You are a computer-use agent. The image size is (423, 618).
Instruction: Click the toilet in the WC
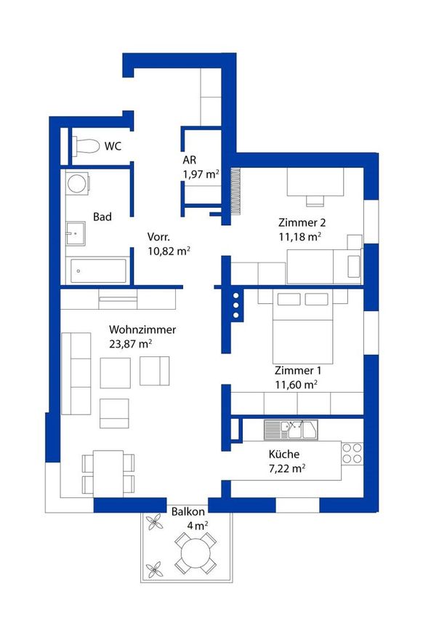click(86, 147)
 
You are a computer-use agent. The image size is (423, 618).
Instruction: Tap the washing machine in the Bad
click(77, 183)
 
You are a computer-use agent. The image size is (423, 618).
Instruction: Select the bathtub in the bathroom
click(98, 270)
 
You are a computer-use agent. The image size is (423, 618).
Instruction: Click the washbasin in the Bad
click(76, 233)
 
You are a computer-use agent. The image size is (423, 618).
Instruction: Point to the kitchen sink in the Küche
click(291, 430)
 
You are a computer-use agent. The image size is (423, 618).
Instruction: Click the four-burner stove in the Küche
click(352, 453)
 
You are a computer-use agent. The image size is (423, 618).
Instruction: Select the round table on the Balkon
click(196, 553)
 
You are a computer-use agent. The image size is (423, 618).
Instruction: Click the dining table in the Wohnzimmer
click(108, 473)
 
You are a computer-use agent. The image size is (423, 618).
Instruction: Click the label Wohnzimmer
click(142, 329)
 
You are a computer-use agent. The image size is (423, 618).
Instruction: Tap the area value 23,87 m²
click(130, 344)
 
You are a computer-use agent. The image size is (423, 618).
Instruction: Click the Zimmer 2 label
click(302, 222)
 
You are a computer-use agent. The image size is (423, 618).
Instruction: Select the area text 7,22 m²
click(287, 468)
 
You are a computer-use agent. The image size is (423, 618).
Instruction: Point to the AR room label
click(189, 160)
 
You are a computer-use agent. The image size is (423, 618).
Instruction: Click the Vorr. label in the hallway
click(158, 237)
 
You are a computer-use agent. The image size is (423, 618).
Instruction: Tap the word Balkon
click(188, 512)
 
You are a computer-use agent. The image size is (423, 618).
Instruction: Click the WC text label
click(113, 146)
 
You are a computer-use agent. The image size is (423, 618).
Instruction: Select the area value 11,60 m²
click(297, 385)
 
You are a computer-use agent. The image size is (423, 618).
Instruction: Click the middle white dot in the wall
click(236, 305)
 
